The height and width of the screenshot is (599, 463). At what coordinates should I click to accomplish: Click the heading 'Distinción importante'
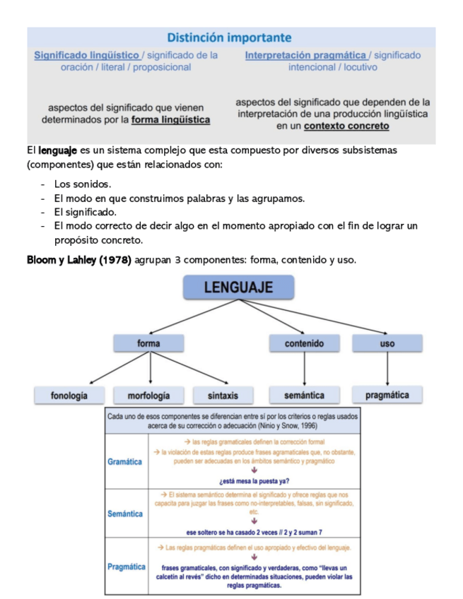pyautogui.click(x=229, y=37)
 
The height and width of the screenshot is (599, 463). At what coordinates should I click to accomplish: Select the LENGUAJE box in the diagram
pyautogui.click(x=238, y=287)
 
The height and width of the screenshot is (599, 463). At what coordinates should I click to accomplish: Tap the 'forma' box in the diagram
pyautogui.click(x=149, y=343)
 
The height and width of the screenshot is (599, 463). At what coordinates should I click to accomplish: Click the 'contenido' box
pyautogui.click(x=304, y=343)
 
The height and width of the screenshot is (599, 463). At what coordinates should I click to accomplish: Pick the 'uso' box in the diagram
pyautogui.click(x=387, y=343)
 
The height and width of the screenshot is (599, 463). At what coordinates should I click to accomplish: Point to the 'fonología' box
pyautogui.click(x=69, y=396)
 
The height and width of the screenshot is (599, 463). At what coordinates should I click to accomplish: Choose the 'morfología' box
pyautogui.click(x=149, y=396)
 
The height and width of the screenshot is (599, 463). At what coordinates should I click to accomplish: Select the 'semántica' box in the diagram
pyautogui.click(x=304, y=396)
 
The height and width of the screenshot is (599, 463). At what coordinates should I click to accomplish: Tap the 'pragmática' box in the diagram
pyautogui.click(x=387, y=396)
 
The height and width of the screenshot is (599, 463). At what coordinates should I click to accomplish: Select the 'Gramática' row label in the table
pyautogui.click(x=124, y=462)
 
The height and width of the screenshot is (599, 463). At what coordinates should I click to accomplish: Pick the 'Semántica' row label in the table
pyautogui.click(x=124, y=514)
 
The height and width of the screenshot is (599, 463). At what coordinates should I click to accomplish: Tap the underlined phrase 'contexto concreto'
pyautogui.click(x=346, y=126)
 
